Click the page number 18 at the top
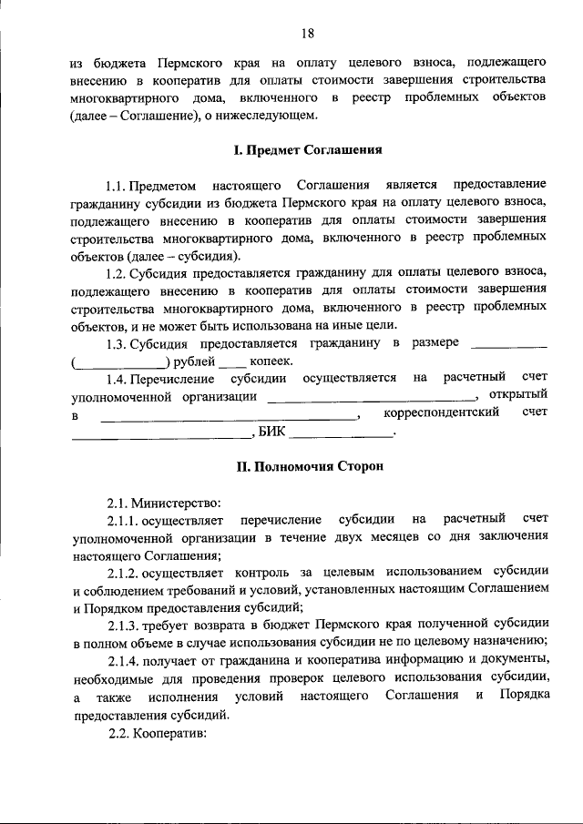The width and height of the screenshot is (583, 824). coord(308,34)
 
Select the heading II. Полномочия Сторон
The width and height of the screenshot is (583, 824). coord(308,466)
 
